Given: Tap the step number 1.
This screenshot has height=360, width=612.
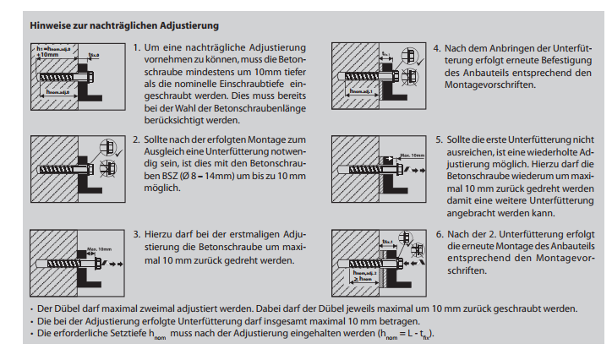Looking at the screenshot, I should coord(137,48).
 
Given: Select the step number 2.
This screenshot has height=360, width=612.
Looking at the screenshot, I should coord(137,139).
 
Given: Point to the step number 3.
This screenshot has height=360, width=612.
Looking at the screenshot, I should coord(137,234).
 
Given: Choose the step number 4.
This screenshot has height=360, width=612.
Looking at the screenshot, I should coord(437,48).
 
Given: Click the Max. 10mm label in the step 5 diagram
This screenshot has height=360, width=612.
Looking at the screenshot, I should coord(412,155).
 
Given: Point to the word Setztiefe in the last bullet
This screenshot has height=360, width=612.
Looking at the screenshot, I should coord(110,334).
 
